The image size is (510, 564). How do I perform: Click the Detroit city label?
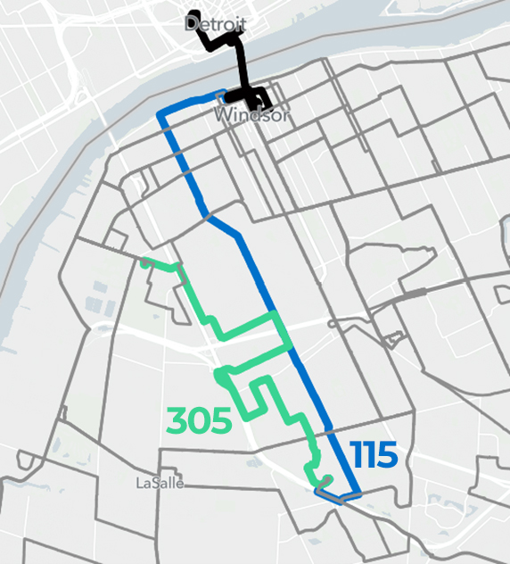click(215, 24)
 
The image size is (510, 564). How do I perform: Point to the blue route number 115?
click(374, 455)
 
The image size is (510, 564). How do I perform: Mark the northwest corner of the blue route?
click(160, 116)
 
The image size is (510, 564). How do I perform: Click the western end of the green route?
click(143, 261)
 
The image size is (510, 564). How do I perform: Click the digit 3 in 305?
click(178, 419)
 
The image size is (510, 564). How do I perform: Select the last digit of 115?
click(387, 455)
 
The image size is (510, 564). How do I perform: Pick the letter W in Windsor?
click(222, 117)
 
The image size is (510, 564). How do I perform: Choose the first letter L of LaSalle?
click(139, 483)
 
